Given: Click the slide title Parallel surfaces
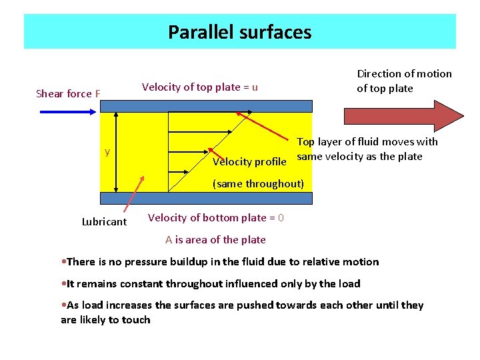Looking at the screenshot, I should point(239,32).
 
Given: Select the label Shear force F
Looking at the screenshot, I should point(68,93).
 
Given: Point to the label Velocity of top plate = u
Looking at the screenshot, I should point(200,87).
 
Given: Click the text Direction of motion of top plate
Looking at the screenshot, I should point(404,81).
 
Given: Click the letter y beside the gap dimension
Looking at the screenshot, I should point(107,152).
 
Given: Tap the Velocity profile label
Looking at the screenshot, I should point(249,162).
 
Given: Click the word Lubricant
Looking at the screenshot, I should point(104,222).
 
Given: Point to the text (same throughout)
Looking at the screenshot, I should point(258,183).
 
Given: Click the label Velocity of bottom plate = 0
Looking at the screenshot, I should point(216,218).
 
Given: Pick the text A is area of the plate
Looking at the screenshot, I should point(215,239).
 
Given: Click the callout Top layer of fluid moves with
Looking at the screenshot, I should point(367,141).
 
